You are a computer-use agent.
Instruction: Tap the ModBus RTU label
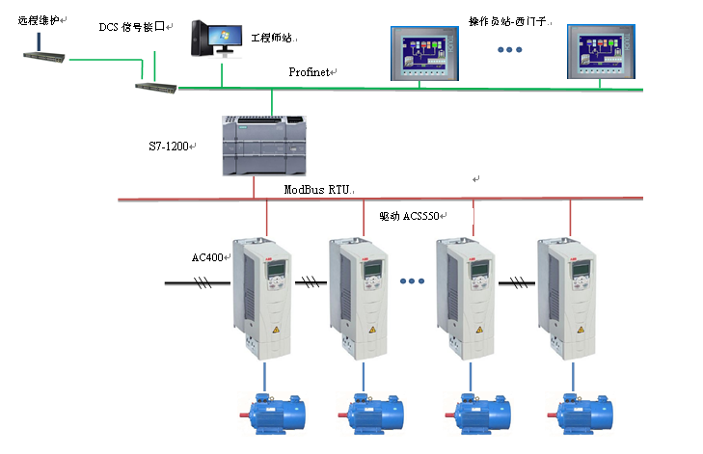tap(314, 190)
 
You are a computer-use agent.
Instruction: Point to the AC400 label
tap(207, 258)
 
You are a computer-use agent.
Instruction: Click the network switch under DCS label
tap(154, 87)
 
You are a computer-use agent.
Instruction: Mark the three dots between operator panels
tap(508, 50)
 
